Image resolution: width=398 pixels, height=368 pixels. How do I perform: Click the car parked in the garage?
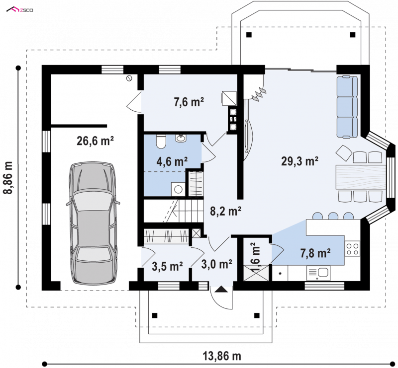pyautogui.click(x=93, y=223)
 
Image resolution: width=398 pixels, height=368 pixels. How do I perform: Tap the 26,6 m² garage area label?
pyautogui.click(x=95, y=141)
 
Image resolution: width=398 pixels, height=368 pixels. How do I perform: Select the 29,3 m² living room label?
pyautogui.click(x=300, y=161)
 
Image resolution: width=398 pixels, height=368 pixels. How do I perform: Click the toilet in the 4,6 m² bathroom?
pyautogui.click(x=161, y=142)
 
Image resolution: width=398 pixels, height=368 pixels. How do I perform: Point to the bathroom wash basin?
pyautogui.click(x=181, y=138)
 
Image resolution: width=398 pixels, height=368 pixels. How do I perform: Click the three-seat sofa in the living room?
pyautogui.click(x=347, y=107)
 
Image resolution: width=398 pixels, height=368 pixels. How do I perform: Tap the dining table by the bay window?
pyautogui.click(x=361, y=177)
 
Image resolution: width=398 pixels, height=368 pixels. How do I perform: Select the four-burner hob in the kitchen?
pyautogui.click(x=352, y=249)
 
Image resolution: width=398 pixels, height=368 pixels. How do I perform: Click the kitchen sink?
pyautogui.click(x=318, y=273)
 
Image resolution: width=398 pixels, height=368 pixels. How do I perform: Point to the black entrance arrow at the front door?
pyautogui.click(x=221, y=289)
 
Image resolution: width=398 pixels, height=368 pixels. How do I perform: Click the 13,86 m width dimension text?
pyautogui.click(x=221, y=356)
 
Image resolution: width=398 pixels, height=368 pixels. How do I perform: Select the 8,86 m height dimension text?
pyautogui.click(x=8, y=177)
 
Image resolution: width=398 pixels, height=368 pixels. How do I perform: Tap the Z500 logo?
pyautogui.click(x=19, y=9)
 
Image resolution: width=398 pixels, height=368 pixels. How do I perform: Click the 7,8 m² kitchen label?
pyautogui.click(x=315, y=253)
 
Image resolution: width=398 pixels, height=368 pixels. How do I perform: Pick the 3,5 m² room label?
pyautogui.click(x=167, y=266)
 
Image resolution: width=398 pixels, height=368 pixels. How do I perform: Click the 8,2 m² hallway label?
pyautogui.click(x=225, y=211)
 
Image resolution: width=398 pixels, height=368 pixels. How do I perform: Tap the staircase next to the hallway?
pyautogui.click(x=174, y=211)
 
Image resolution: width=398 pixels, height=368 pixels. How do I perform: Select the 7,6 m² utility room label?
pyautogui.click(x=189, y=102)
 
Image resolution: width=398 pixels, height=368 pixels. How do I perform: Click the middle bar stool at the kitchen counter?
pyautogui.click(x=333, y=216)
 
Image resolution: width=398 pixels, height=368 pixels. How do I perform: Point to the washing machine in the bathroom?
pyautogui.click(x=178, y=189)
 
